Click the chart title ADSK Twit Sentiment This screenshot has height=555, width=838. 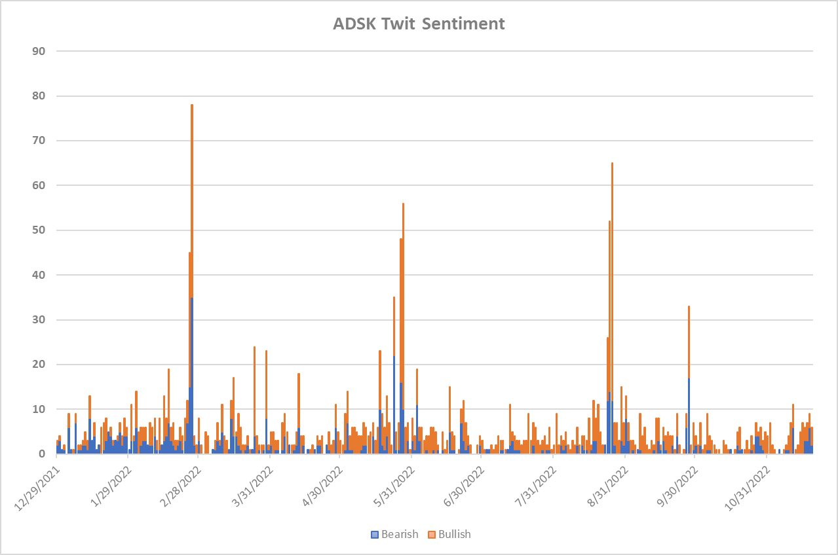click(x=419, y=24)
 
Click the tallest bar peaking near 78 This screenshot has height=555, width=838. click(x=192, y=196)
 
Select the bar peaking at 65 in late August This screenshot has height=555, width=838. click(x=612, y=262)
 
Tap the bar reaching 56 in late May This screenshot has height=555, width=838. click(x=403, y=295)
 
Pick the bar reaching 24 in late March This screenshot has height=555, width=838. click(x=254, y=393)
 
